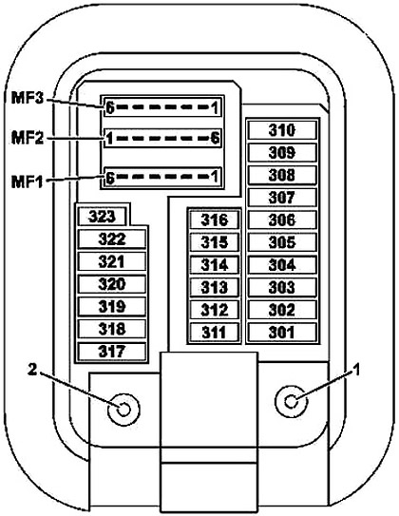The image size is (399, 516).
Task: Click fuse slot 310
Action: pos(282,130)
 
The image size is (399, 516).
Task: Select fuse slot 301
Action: pos(282,333)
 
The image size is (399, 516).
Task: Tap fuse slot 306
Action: pos(282,220)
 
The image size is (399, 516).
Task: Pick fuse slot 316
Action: pos(214,220)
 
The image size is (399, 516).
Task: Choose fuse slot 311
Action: pos(214,333)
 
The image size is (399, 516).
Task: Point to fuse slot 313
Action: pos(214,287)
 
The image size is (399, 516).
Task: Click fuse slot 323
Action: pos(103,217)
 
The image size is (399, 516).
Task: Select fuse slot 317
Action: pos(112,352)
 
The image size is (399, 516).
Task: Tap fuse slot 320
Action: pos(112,284)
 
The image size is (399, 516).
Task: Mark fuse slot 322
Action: pos(112,239)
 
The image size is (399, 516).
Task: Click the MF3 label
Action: pos(28,98)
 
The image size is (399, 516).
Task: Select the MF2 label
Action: pos(28,138)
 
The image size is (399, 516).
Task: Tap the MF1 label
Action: pos(28,182)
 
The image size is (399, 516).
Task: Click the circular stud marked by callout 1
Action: pos(291,401)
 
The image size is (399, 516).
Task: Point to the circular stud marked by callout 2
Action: pos(123,410)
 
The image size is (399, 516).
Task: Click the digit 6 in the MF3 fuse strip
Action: pos(110,107)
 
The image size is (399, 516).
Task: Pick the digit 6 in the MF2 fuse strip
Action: pos(215,138)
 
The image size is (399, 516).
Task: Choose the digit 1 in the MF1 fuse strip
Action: pos(215,177)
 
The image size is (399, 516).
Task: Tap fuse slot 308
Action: pos(282,175)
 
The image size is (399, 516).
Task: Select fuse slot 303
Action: pos(282,287)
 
